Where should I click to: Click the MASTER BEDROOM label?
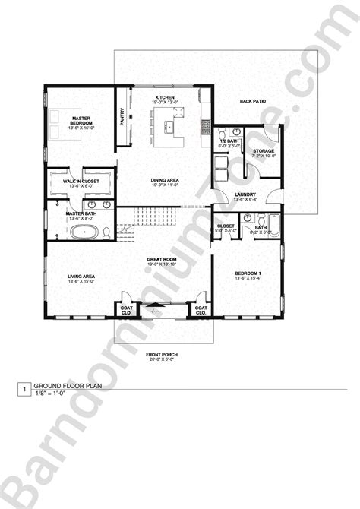82,122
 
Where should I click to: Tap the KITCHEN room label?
166,98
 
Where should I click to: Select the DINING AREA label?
164,180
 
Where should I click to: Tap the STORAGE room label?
264,151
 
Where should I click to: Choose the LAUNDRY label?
245,194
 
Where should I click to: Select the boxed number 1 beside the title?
25,391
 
